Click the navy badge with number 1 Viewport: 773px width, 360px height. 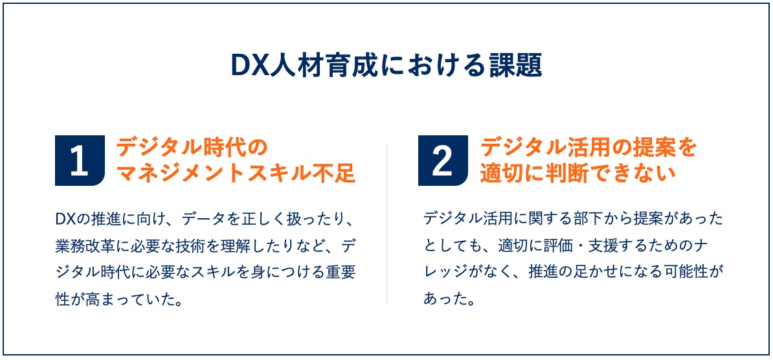pos(80,161)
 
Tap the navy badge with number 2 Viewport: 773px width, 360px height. pos(443,161)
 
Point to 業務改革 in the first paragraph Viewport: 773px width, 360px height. pos(85,245)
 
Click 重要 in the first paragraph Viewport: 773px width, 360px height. pos(340,273)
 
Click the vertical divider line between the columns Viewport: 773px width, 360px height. pos(386,225)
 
